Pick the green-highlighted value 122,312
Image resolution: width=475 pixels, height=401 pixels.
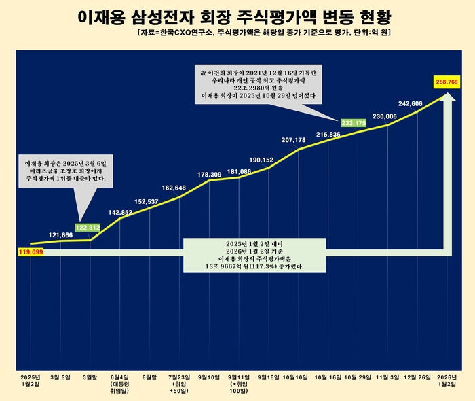(88, 227)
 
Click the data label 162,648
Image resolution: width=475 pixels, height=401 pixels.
(179, 188)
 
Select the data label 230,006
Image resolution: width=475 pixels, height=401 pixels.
(385, 116)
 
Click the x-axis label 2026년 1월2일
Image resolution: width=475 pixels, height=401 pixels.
(446, 381)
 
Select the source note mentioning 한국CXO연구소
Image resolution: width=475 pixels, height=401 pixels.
(263, 32)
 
